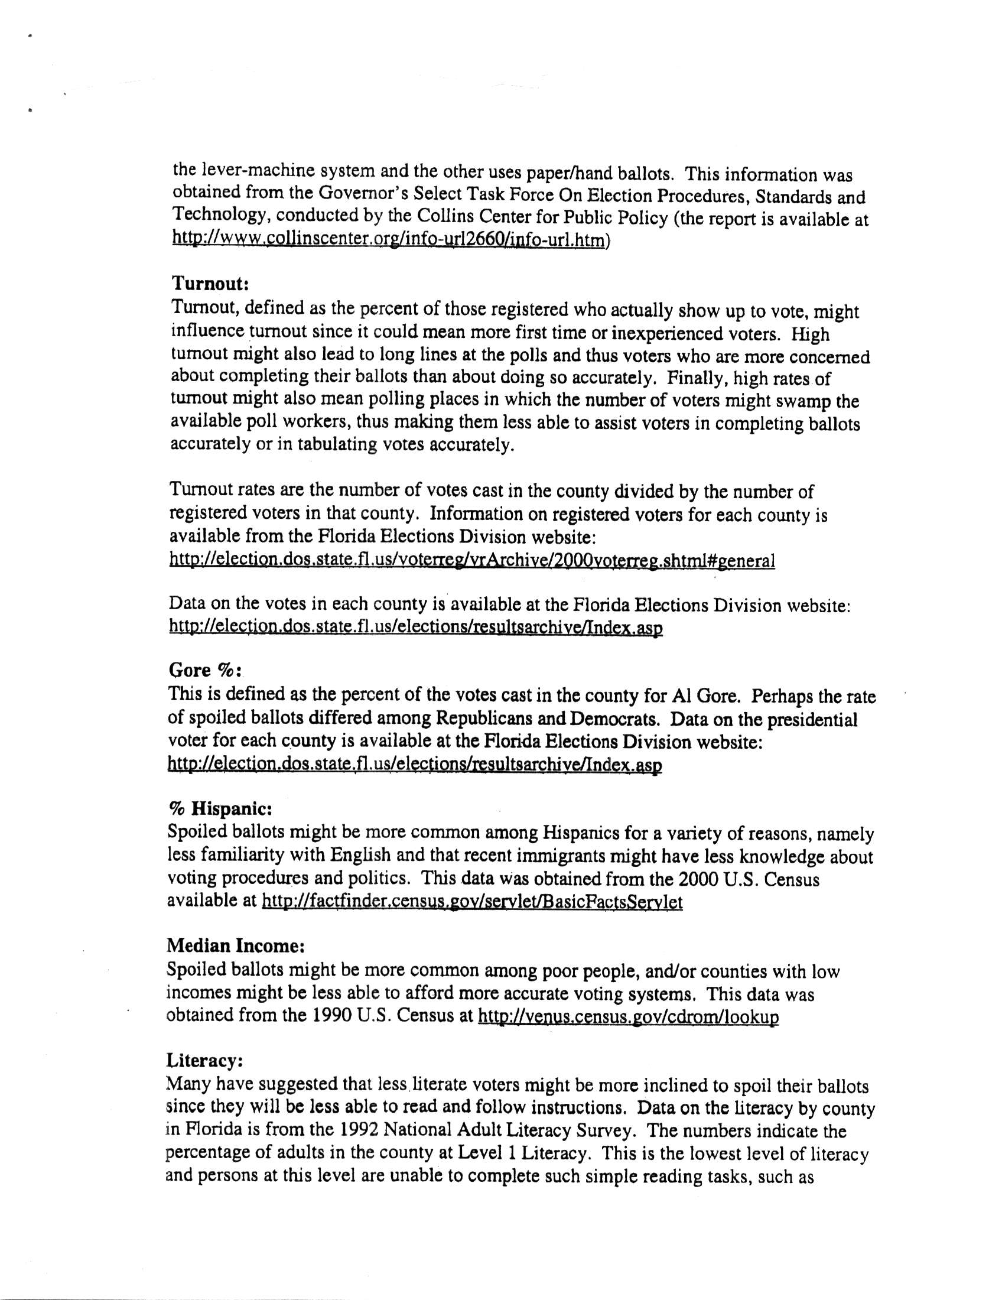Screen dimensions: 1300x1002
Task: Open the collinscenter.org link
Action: click(389, 240)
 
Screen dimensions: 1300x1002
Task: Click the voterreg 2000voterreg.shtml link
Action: click(472, 560)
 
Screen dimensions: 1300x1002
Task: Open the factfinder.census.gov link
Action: click(472, 902)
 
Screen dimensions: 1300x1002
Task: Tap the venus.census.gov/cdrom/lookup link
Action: click(629, 1017)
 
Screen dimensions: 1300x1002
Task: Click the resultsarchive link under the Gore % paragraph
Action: click(415, 765)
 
